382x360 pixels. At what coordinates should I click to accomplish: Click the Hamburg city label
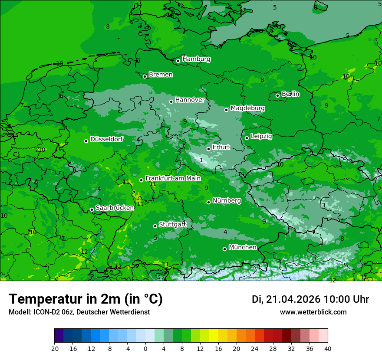pyautogui.click(x=196, y=59)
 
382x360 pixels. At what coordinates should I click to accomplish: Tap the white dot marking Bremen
pyautogui.click(x=145, y=76)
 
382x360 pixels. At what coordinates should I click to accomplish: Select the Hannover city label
pyautogui.click(x=190, y=100)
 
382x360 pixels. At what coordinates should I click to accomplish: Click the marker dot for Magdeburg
pyautogui.click(x=226, y=110)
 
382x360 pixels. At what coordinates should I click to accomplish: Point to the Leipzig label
pyautogui.click(x=261, y=136)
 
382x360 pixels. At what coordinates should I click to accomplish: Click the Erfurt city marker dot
pyautogui.click(x=208, y=149)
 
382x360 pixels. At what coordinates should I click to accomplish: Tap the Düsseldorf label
pyautogui.click(x=106, y=139)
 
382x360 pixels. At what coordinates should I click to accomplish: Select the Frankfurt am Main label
pyautogui.click(x=173, y=178)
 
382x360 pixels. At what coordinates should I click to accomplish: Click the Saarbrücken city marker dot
pyautogui.click(x=92, y=209)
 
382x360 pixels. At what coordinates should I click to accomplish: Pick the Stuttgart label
pyautogui.click(x=172, y=225)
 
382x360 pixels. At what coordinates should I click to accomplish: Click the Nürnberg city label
pyautogui.click(x=227, y=200)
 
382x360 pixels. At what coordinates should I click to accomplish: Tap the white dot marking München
pyautogui.click(x=224, y=249)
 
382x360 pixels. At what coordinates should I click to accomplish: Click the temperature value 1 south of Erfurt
pyautogui.click(x=201, y=160)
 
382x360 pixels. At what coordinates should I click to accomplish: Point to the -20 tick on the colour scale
pyautogui.click(x=54, y=348)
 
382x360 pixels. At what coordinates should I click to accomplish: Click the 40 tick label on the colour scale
pyautogui.click(x=327, y=348)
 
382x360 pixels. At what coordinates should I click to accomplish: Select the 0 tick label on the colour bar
pyautogui.click(x=145, y=348)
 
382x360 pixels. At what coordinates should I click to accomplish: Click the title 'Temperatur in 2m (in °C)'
pyautogui.click(x=86, y=299)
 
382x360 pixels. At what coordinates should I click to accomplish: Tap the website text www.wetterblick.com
pyautogui.click(x=313, y=312)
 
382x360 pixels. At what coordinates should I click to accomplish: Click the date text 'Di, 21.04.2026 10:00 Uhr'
pyautogui.click(x=310, y=299)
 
